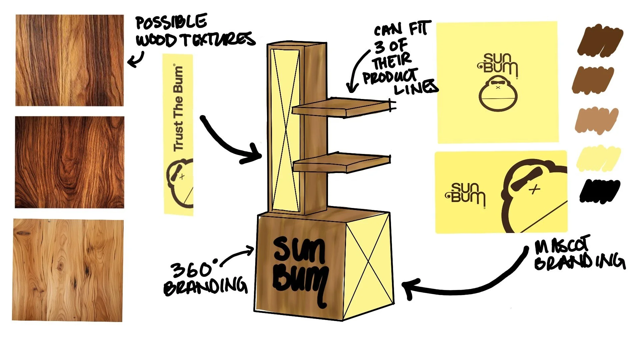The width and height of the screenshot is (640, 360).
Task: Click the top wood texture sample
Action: pos(69,60)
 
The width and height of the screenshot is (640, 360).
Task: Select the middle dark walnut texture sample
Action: pos(69,162)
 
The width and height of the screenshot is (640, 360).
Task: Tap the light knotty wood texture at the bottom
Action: pos(68,270)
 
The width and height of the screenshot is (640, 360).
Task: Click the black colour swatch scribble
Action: pos(599,191)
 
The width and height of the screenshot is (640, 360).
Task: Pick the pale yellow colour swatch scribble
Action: pos(598,158)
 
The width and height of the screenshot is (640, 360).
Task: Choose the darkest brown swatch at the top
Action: pos(600,42)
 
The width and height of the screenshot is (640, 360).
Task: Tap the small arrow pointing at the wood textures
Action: pos(136,60)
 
